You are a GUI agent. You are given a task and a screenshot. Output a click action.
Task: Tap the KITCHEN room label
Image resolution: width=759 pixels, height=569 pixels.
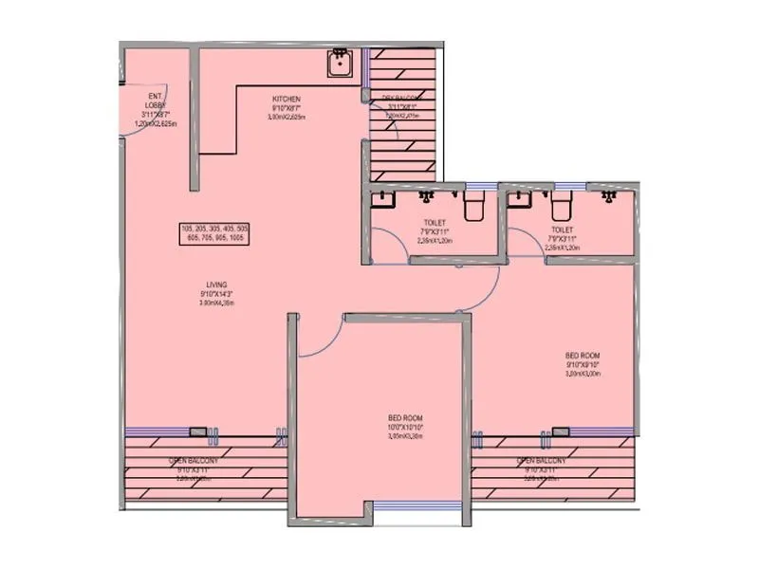coord(287,99)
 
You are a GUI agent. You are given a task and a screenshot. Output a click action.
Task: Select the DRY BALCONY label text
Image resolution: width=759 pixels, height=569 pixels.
coord(401,98)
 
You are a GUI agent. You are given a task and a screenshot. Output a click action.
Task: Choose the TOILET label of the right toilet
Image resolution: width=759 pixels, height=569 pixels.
coord(563,229)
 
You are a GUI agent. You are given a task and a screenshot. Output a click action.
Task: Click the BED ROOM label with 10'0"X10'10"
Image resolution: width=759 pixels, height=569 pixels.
coord(405,417)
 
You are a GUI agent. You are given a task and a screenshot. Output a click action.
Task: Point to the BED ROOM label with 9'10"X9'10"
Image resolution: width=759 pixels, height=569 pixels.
coord(583,356)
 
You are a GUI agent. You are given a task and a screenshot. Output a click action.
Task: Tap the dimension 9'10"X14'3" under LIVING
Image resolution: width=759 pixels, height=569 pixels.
coord(216,294)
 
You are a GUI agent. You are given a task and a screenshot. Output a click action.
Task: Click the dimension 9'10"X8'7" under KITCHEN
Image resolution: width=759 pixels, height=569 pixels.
coord(287,109)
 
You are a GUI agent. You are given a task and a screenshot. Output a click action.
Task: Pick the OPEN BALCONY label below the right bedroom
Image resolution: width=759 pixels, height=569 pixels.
coord(542,461)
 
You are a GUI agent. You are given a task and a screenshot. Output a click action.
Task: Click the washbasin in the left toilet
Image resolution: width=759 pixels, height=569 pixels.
coord(382,199)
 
